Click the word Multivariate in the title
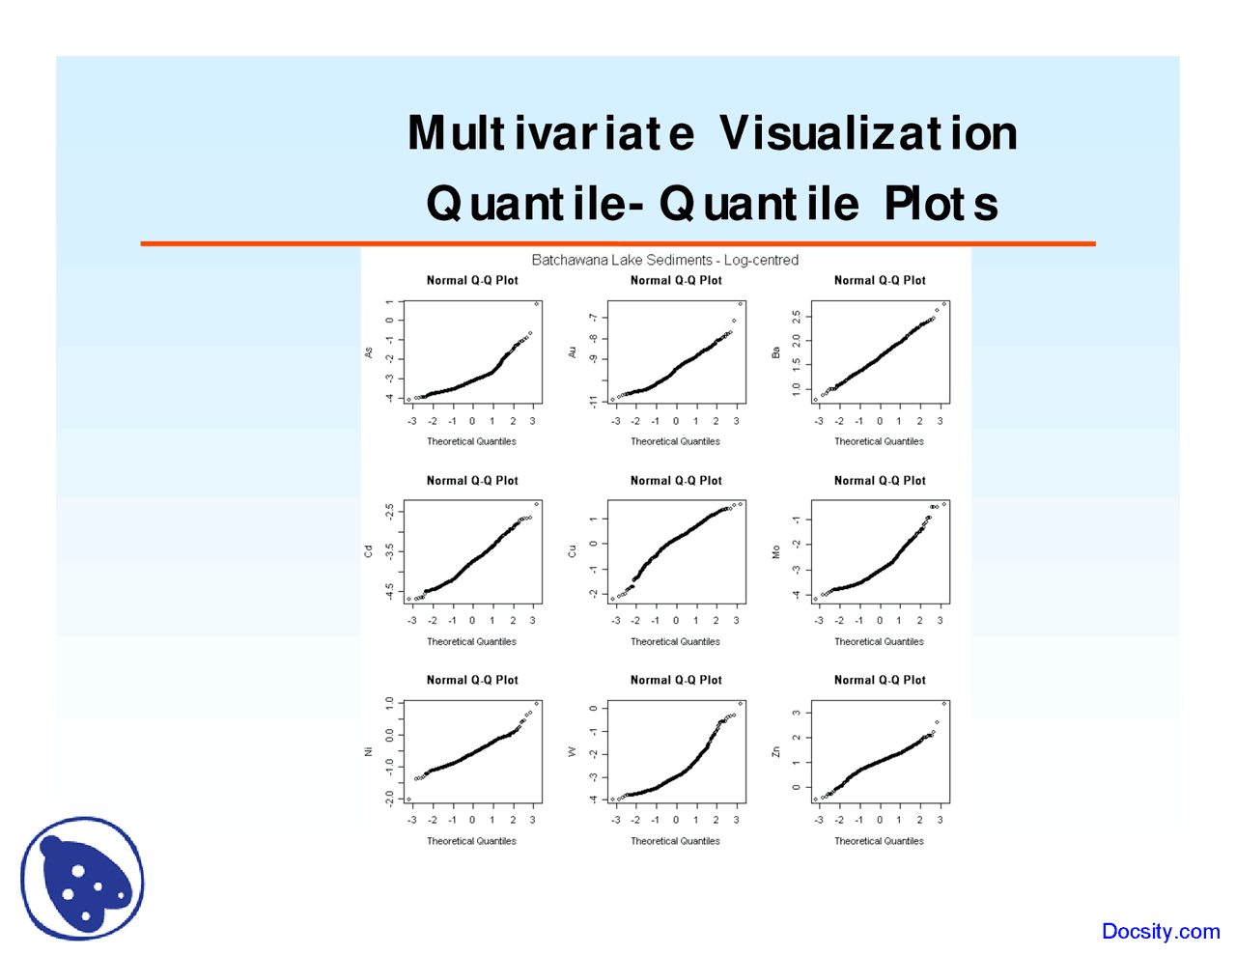pyautogui.click(x=550, y=133)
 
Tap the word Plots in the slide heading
pyautogui.click(x=941, y=204)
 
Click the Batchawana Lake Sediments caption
pyautogui.click(x=664, y=260)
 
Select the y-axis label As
pyautogui.click(x=368, y=352)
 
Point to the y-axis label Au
pyautogui.click(x=572, y=352)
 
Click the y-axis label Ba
pyautogui.click(x=775, y=352)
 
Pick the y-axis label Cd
pyautogui.click(x=368, y=551)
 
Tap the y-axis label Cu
pyautogui.click(x=572, y=551)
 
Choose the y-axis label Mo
pyautogui.click(x=775, y=551)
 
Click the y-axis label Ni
pyautogui.click(x=368, y=751)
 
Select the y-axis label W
pyautogui.click(x=572, y=751)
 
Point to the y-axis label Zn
pyautogui.click(x=775, y=751)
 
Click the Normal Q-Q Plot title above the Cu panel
pyautogui.click(x=676, y=480)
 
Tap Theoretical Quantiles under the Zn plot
pyautogui.click(x=879, y=841)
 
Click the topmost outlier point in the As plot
pyautogui.click(x=537, y=304)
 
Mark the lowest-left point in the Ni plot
pyautogui.click(x=409, y=799)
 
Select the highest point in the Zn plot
pyautogui.click(x=944, y=703)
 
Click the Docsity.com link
pyautogui.click(x=1161, y=931)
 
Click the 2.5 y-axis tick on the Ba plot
pyautogui.click(x=796, y=317)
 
